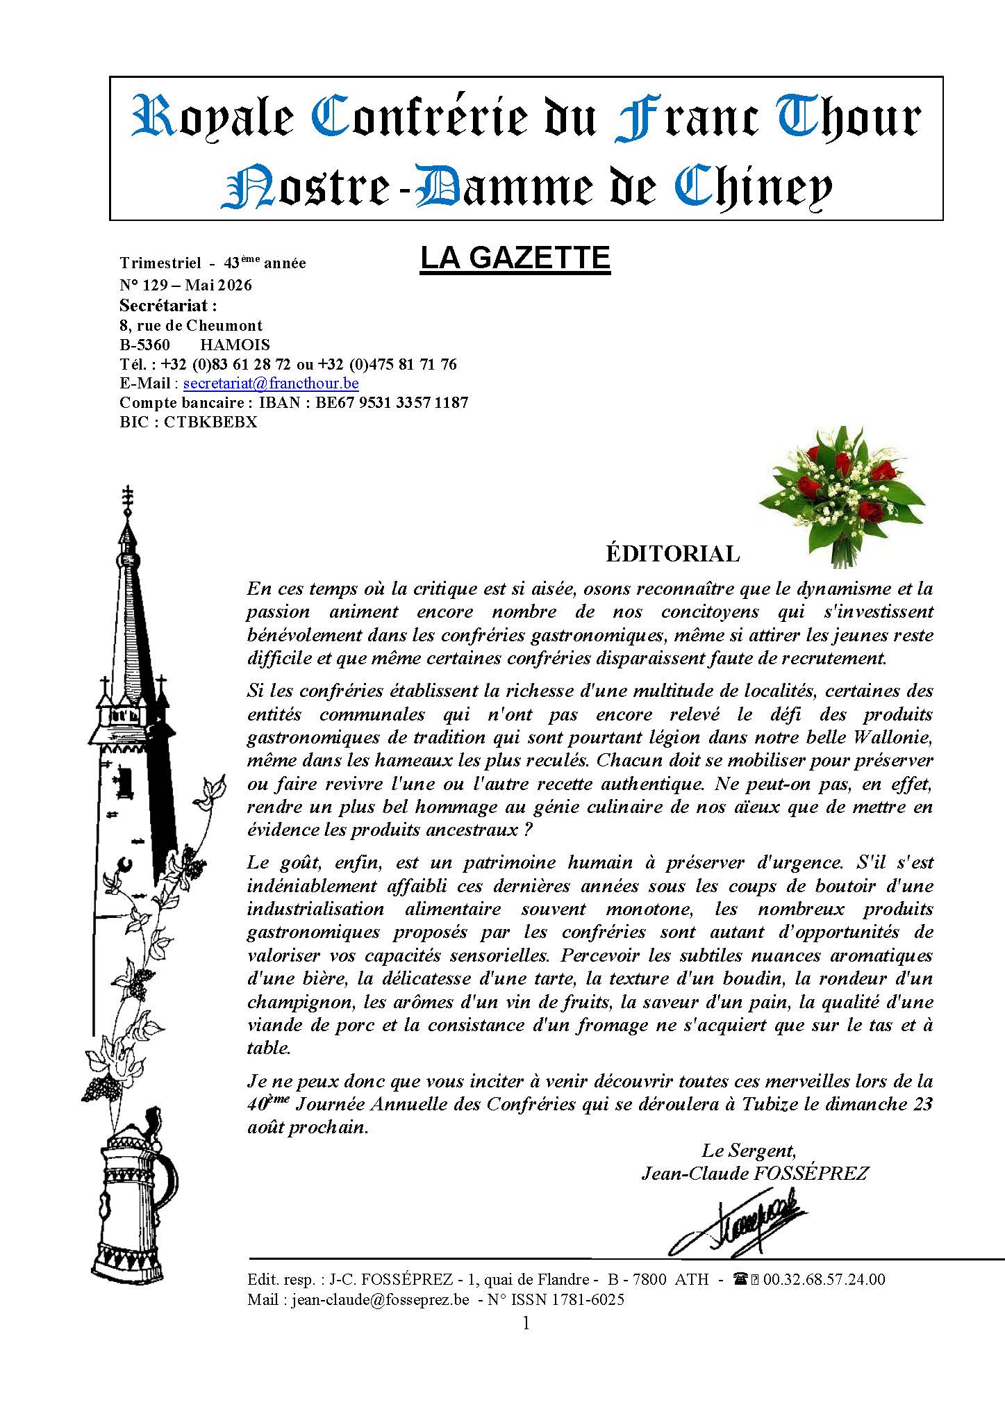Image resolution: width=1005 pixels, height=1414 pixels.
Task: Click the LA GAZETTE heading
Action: [x=515, y=258]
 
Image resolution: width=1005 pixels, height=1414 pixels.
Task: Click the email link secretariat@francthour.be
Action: [x=270, y=383]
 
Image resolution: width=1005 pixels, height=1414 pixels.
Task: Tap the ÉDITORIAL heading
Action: [x=672, y=554]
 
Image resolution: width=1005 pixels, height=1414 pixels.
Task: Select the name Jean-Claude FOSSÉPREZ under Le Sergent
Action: [x=755, y=1174]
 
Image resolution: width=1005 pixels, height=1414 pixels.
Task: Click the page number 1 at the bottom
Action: [x=526, y=1323]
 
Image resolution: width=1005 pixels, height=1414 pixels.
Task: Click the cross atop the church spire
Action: [x=127, y=498]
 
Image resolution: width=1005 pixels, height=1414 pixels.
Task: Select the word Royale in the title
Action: [x=212, y=118]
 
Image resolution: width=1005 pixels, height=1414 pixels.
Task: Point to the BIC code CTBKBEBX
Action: [x=210, y=422]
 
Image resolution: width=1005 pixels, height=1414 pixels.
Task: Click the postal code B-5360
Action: [x=144, y=345]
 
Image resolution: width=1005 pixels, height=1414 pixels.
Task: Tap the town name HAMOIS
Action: [x=235, y=345]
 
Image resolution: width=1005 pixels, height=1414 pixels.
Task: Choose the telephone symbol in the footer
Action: [x=740, y=1279]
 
